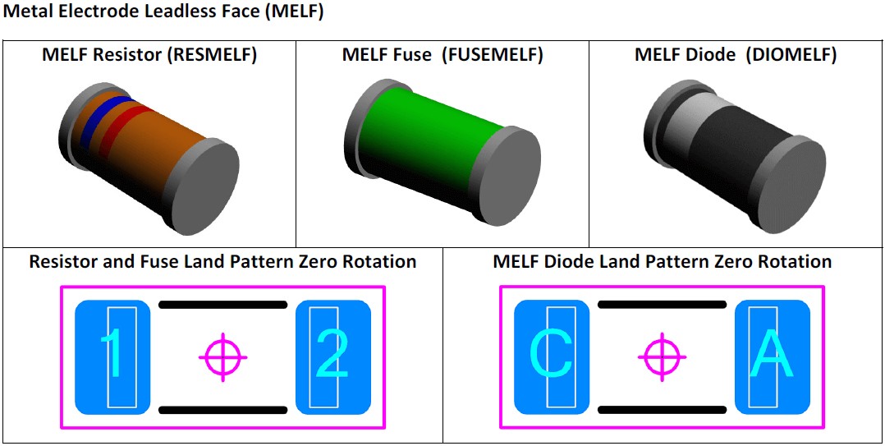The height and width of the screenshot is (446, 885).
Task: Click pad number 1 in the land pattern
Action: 112,357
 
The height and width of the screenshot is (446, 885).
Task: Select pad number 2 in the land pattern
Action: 332,357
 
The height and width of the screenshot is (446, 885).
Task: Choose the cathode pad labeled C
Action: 552,357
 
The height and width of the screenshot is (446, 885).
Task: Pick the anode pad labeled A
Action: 772,357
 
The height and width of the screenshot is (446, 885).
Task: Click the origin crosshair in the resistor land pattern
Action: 222,357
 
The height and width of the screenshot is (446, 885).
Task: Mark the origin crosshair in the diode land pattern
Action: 662,357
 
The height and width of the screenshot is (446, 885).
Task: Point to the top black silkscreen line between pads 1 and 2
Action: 222,305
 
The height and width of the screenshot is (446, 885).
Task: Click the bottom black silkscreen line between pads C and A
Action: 662,409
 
